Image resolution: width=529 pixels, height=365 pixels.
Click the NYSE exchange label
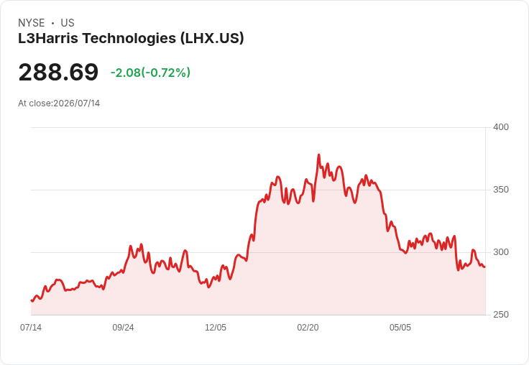[x=32, y=23]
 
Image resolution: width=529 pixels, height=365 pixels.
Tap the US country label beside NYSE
[x=68, y=23]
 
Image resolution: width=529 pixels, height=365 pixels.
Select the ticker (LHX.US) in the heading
[x=212, y=39]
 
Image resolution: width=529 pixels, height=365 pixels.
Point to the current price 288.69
[x=58, y=72]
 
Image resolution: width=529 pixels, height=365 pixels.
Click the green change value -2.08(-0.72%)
[x=150, y=73]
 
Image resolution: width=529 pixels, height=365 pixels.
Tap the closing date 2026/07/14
[x=77, y=103]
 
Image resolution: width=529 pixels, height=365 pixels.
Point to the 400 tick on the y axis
[x=501, y=127]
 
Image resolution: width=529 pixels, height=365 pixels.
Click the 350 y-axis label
[x=501, y=190]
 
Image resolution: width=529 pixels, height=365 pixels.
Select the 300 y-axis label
[x=501, y=252]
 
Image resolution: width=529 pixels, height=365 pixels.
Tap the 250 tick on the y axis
[x=501, y=315]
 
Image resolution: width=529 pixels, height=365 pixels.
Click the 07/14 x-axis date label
[x=31, y=328]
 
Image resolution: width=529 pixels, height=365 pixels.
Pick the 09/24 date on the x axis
[x=123, y=328]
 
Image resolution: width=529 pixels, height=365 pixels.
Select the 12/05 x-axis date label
[x=216, y=328]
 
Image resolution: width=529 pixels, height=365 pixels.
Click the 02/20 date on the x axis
[x=308, y=328]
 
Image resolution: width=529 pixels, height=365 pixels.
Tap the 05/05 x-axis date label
[x=400, y=328]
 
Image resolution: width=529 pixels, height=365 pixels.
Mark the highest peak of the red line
[x=319, y=155]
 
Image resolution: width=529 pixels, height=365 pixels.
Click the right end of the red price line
[x=485, y=267]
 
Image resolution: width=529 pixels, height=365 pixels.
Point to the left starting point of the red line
[x=32, y=300]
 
